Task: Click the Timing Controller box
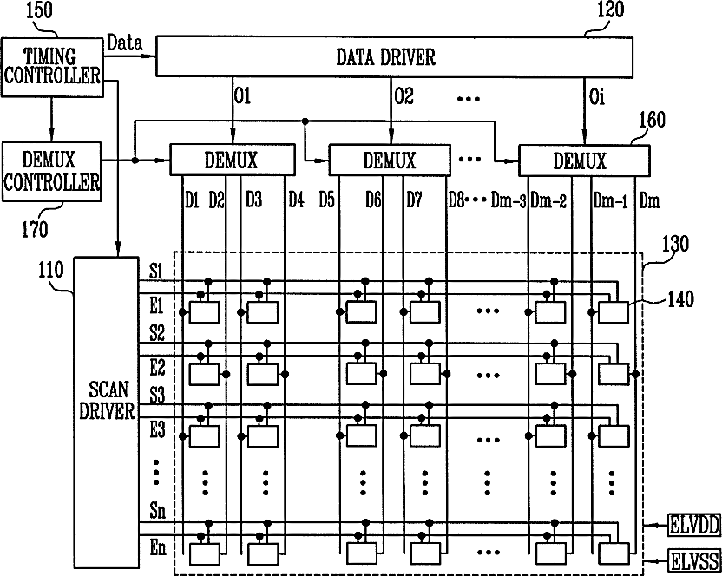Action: (51, 67)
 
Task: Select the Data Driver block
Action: (394, 56)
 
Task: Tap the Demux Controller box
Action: (51, 171)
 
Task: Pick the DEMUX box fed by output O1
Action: (233, 160)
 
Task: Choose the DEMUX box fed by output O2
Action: (390, 160)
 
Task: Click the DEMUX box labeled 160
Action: (584, 160)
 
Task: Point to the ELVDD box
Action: (695, 526)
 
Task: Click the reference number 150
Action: (39, 11)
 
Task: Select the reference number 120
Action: (611, 10)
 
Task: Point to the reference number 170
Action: (35, 229)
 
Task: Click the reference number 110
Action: (50, 270)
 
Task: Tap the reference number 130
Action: (675, 244)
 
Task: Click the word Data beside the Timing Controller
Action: (124, 43)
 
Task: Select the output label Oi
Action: (597, 97)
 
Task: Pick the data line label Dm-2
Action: (548, 200)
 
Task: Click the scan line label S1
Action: (156, 272)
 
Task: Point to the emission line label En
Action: (158, 548)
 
